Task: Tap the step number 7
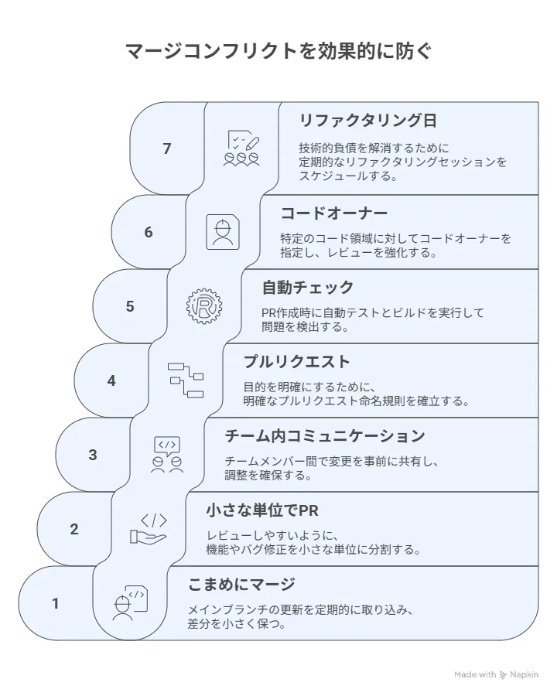[167, 148]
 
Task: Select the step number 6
[149, 232]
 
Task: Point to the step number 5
[130, 306]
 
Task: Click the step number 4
[111, 380]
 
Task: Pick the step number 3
[92, 455]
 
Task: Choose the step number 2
[73, 529]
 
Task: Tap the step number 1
[56, 603]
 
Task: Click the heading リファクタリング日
[368, 121]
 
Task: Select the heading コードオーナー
[334, 213]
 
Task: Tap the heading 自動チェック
[308, 288]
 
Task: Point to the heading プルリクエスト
[297, 362]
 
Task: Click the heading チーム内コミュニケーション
[325, 436]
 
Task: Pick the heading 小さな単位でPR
[262, 510]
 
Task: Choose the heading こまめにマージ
[241, 584]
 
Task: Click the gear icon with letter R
[204, 305]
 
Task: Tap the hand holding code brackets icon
[149, 528]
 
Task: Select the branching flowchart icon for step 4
[186, 380]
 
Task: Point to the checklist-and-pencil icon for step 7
[241, 148]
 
